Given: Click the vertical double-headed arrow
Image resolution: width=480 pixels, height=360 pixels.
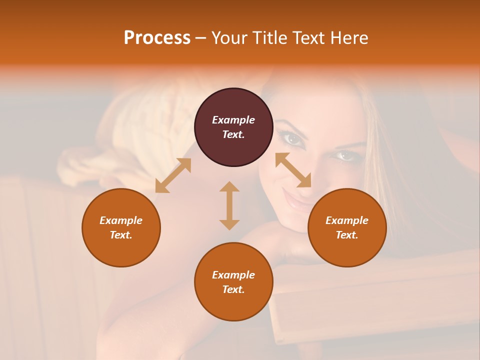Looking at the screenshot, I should (229, 205).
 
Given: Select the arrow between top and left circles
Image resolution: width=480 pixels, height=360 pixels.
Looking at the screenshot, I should (173, 175).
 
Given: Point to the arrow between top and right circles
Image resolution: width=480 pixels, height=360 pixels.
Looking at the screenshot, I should (293, 170).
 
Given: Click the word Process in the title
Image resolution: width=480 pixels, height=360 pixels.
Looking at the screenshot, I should (157, 37).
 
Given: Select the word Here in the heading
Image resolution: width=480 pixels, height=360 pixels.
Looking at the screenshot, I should (349, 37).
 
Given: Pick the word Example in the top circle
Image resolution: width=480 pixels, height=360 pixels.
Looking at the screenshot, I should (233, 120).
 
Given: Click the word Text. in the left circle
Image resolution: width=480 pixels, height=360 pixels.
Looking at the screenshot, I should (121, 235).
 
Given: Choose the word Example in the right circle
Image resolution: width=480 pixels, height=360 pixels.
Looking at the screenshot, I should (347, 220).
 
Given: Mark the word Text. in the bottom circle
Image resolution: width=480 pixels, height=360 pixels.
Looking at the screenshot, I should (233, 289).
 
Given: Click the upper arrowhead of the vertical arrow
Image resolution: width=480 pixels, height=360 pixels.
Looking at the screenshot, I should (229, 187).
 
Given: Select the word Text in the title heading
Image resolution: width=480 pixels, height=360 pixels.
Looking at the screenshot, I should (309, 37).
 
